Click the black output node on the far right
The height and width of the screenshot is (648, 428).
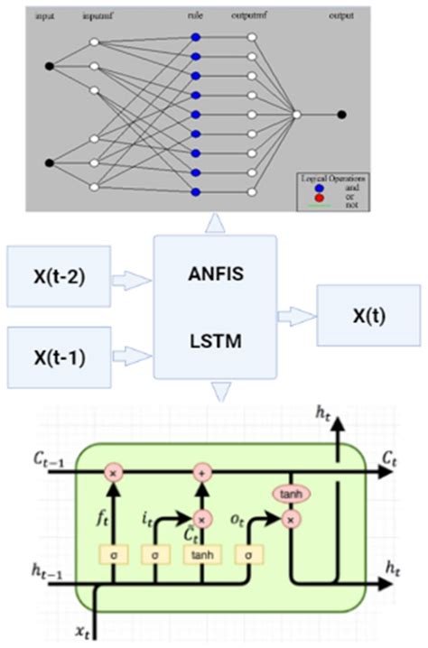pyautogui.click(x=341, y=115)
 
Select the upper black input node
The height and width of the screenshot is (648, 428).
pyautogui.click(x=50, y=66)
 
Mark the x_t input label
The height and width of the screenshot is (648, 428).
pyautogui.click(x=87, y=633)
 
